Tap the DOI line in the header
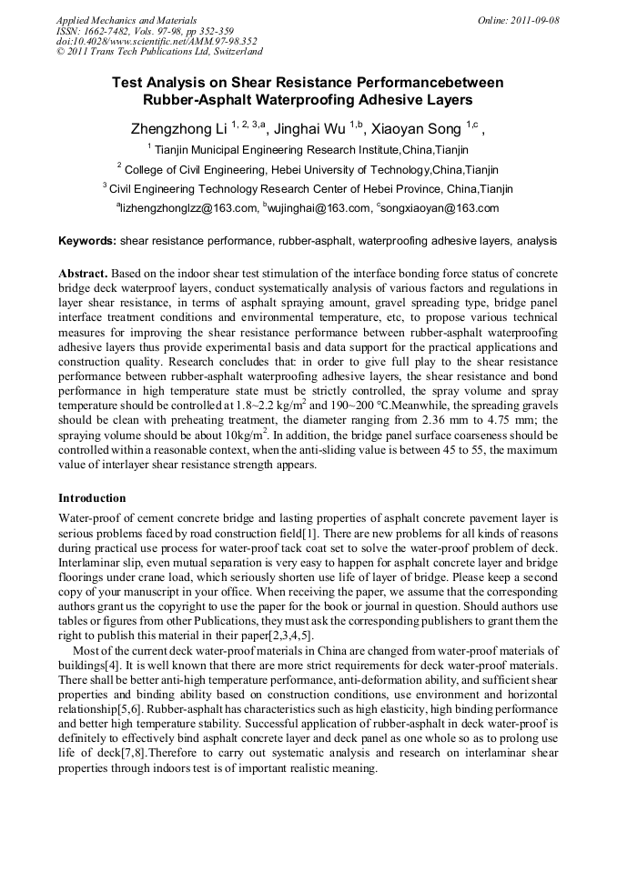coord(157,41)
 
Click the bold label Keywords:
coord(87,242)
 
